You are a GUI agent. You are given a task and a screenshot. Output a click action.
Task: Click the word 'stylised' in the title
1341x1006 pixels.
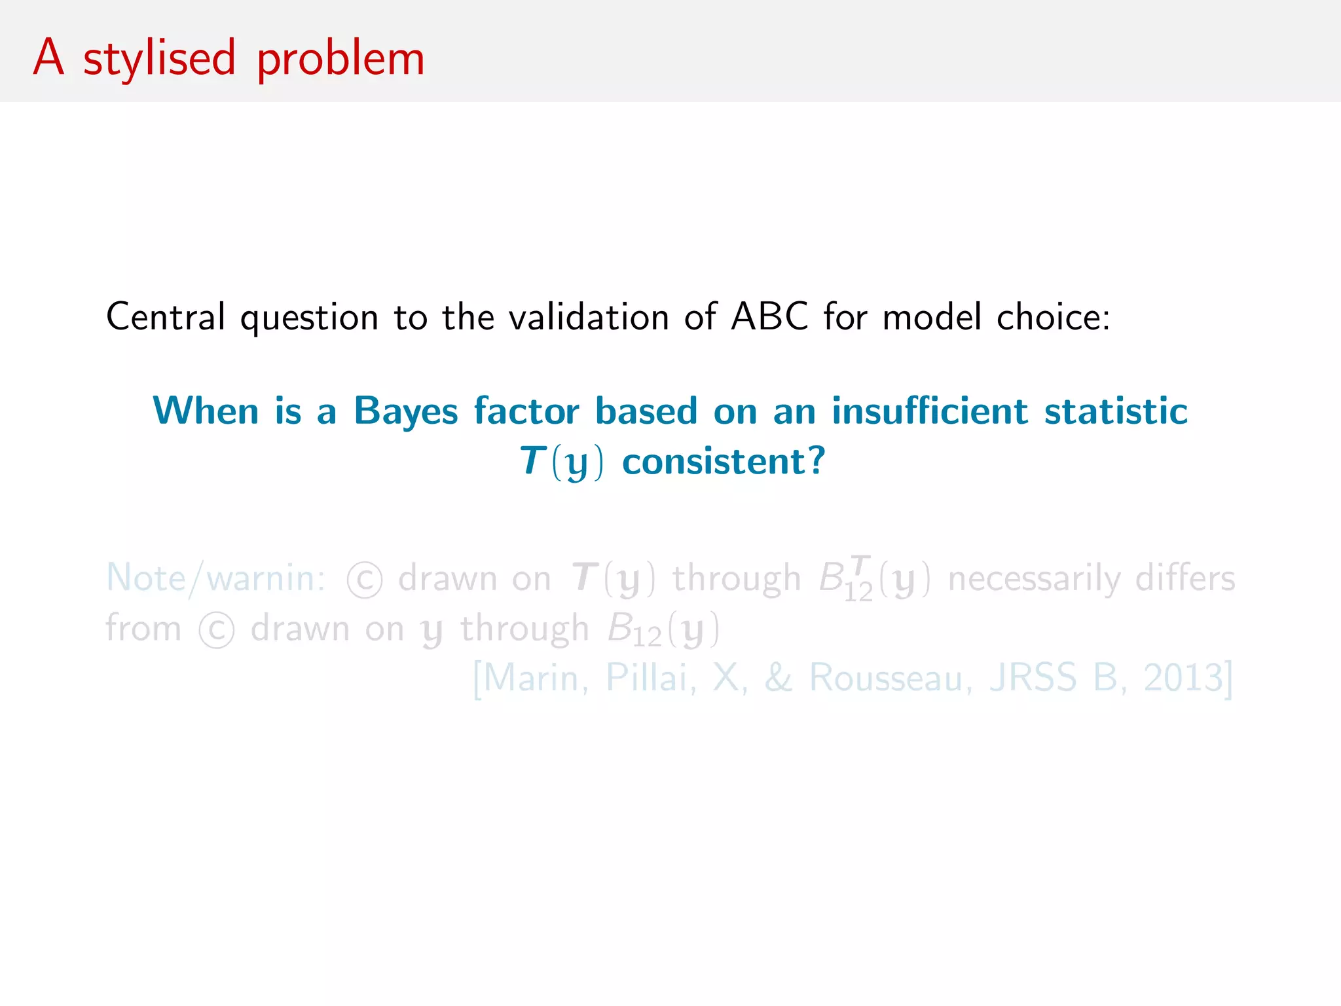tap(159, 59)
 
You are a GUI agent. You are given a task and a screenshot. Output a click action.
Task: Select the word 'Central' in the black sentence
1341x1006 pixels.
tap(166, 317)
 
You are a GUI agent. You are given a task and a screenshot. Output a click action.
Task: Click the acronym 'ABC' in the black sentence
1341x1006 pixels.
tap(769, 317)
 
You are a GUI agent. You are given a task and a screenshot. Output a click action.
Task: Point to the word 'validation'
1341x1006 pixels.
tap(589, 317)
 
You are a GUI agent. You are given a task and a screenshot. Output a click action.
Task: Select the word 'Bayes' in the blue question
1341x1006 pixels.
tap(406, 412)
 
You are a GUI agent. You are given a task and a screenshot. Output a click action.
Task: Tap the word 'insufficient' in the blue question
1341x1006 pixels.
tap(930, 411)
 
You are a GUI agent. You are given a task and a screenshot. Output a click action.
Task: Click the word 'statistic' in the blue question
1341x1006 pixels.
tap(1116, 411)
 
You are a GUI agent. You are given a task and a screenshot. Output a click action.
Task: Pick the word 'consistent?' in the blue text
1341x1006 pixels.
tap(724, 461)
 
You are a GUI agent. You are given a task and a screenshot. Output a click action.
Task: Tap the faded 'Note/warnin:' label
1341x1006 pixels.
tap(215, 578)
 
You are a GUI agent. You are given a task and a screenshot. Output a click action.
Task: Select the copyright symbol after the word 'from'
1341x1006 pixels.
tap(217, 630)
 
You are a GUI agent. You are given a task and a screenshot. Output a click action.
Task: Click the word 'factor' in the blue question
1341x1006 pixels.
tap(526, 411)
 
